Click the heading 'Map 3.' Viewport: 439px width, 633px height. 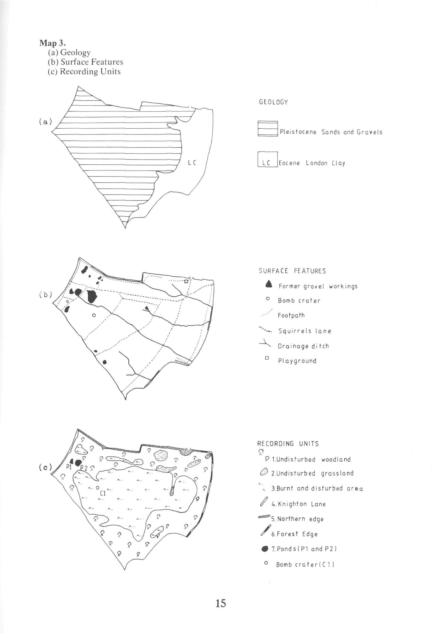(x=52, y=43)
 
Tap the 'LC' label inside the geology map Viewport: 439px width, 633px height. (x=192, y=163)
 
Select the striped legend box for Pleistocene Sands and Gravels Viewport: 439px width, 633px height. (x=268, y=128)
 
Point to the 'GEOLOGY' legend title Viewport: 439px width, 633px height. (x=273, y=102)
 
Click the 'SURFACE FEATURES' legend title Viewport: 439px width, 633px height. (x=292, y=271)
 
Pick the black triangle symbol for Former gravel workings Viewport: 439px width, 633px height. (x=269, y=284)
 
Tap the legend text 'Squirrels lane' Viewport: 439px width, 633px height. (x=305, y=331)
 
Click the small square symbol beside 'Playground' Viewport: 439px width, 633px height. (x=266, y=358)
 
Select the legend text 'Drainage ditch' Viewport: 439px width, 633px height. (x=303, y=346)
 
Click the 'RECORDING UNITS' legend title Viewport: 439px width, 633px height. (x=288, y=444)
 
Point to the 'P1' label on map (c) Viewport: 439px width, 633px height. (x=69, y=467)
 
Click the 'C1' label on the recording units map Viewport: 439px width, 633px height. (x=103, y=493)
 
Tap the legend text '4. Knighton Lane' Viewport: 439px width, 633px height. (x=298, y=504)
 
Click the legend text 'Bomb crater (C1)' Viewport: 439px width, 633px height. (x=305, y=565)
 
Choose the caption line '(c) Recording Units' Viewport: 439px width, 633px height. (x=84, y=72)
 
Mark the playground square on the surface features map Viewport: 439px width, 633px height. (x=186, y=281)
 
